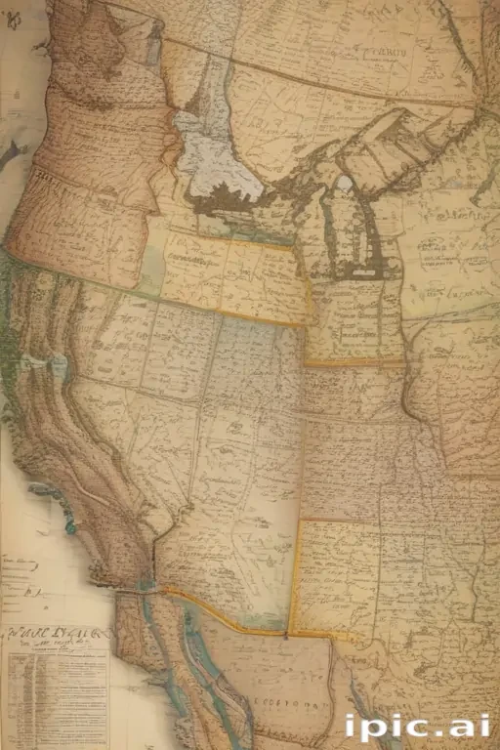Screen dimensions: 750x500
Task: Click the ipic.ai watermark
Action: (418, 728)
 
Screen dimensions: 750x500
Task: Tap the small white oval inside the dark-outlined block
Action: (344, 183)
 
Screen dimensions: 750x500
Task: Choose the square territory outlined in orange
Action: (337, 576)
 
